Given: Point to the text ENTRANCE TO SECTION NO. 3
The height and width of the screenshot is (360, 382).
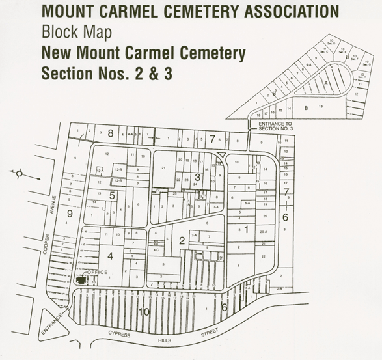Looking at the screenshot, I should click(276, 126).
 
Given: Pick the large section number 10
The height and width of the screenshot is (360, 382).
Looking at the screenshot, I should click(144, 313).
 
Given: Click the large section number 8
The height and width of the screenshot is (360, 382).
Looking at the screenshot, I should click(110, 133).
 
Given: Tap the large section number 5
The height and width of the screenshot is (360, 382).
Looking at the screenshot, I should click(112, 195).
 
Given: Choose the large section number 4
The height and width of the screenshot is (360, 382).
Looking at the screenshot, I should click(110, 256).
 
